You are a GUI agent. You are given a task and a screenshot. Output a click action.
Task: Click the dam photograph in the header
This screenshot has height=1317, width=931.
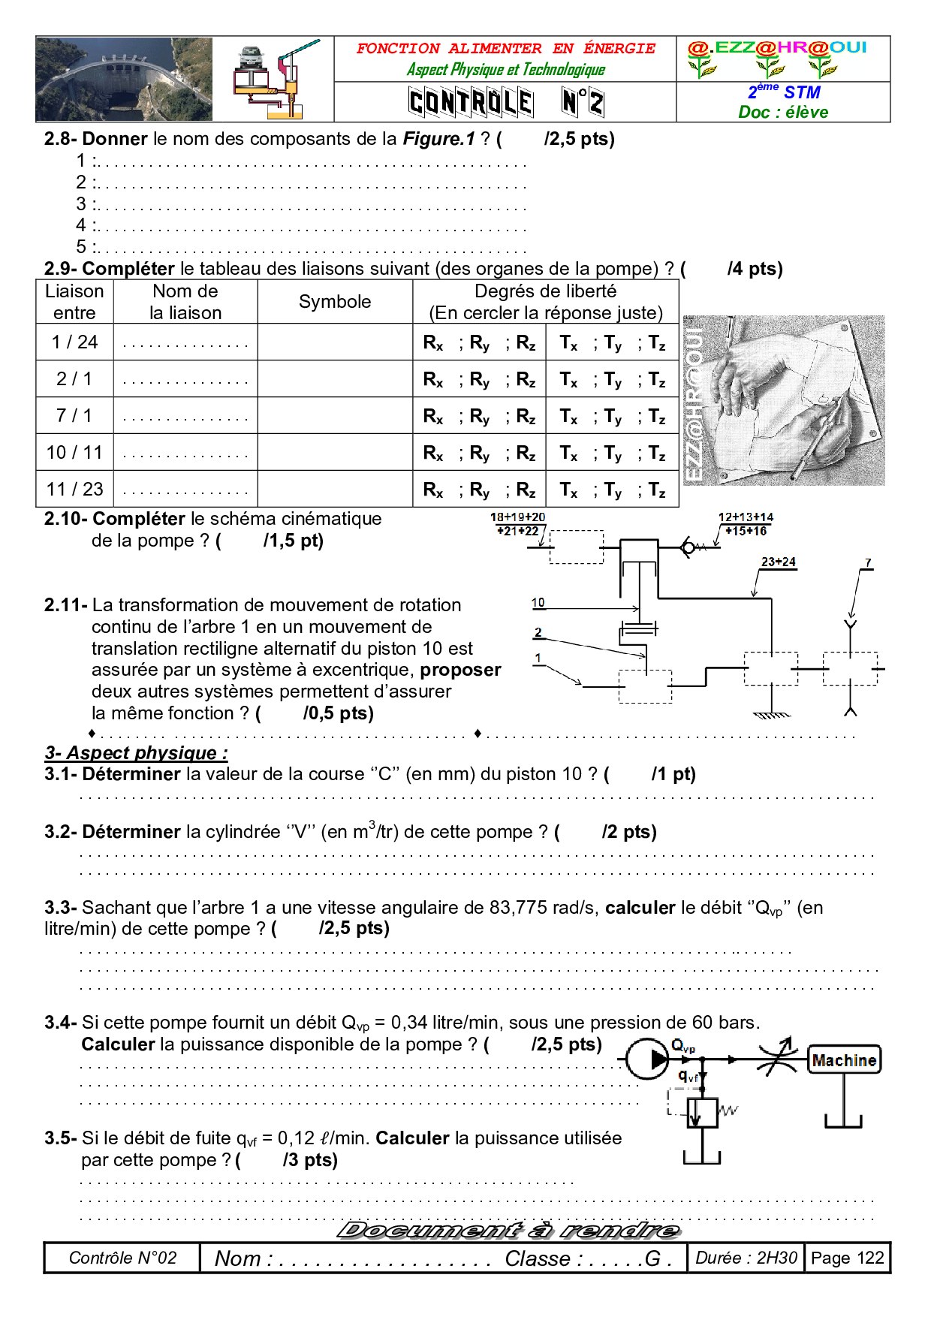click(124, 79)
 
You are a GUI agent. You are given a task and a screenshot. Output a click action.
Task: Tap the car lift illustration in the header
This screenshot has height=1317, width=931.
click(274, 80)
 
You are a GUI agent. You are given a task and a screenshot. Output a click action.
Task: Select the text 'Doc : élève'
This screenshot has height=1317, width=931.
click(783, 112)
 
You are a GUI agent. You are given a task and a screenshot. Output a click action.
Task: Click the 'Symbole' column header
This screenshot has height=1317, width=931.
click(335, 302)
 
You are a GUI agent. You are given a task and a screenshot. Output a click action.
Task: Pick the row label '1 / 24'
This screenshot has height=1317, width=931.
click(74, 342)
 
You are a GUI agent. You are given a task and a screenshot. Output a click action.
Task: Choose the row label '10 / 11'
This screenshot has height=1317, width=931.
click(74, 452)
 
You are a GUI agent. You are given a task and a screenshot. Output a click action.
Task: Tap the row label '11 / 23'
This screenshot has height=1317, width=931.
click(74, 490)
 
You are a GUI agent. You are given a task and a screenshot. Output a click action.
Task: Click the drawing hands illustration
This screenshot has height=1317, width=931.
click(784, 400)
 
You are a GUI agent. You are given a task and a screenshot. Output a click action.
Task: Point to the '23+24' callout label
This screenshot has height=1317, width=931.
click(778, 562)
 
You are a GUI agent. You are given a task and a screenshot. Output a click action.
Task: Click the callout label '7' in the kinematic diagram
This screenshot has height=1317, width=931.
click(868, 562)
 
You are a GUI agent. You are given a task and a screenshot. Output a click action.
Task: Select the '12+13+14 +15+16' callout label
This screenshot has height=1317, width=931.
click(746, 524)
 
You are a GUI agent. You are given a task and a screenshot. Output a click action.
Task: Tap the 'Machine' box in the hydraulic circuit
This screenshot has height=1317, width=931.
click(844, 1060)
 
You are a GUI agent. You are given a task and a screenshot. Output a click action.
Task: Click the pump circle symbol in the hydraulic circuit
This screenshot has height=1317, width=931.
click(647, 1059)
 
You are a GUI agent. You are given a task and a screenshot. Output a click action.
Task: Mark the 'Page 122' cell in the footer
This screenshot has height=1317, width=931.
click(848, 1258)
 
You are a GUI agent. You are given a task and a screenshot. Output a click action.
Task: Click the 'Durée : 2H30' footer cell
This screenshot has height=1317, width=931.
click(746, 1258)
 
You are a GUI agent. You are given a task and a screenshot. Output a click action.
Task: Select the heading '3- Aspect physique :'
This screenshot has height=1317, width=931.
click(136, 753)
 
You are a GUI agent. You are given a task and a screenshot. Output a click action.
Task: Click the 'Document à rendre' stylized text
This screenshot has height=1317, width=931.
click(508, 1230)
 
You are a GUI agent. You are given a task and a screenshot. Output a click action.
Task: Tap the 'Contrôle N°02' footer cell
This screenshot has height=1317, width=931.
click(122, 1258)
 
